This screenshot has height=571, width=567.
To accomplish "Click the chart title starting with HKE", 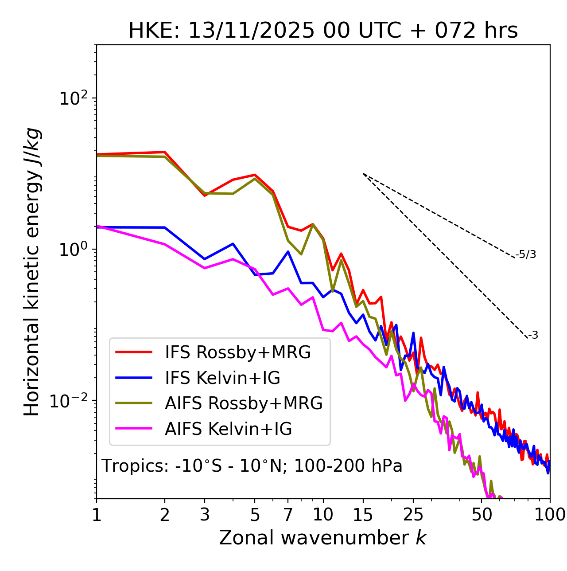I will [323, 31].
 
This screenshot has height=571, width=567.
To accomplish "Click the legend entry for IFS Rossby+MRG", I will [237, 352].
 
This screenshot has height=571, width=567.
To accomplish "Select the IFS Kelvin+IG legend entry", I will [222, 378].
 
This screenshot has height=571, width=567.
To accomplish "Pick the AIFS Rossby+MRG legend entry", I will [244, 403].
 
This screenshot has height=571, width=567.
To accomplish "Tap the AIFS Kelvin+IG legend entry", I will [228, 429].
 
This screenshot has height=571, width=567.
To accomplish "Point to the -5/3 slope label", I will [526, 254].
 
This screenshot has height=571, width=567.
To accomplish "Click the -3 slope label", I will [533, 335].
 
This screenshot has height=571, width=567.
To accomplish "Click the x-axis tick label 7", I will [288, 515].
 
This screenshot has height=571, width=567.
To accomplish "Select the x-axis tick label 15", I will [363, 515].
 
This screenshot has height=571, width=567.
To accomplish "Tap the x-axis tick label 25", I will [413, 515].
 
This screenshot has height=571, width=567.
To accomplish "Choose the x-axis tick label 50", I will [482, 515].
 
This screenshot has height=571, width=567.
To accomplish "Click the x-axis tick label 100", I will [550, 515].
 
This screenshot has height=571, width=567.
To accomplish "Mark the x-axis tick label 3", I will [205, 515].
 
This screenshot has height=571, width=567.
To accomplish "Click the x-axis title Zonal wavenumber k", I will [323, 538].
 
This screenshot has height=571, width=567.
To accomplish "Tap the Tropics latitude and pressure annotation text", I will [252, 466].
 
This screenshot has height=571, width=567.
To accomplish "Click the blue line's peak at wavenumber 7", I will [288, 252].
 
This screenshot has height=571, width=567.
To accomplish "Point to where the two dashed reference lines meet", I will [363, 174].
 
